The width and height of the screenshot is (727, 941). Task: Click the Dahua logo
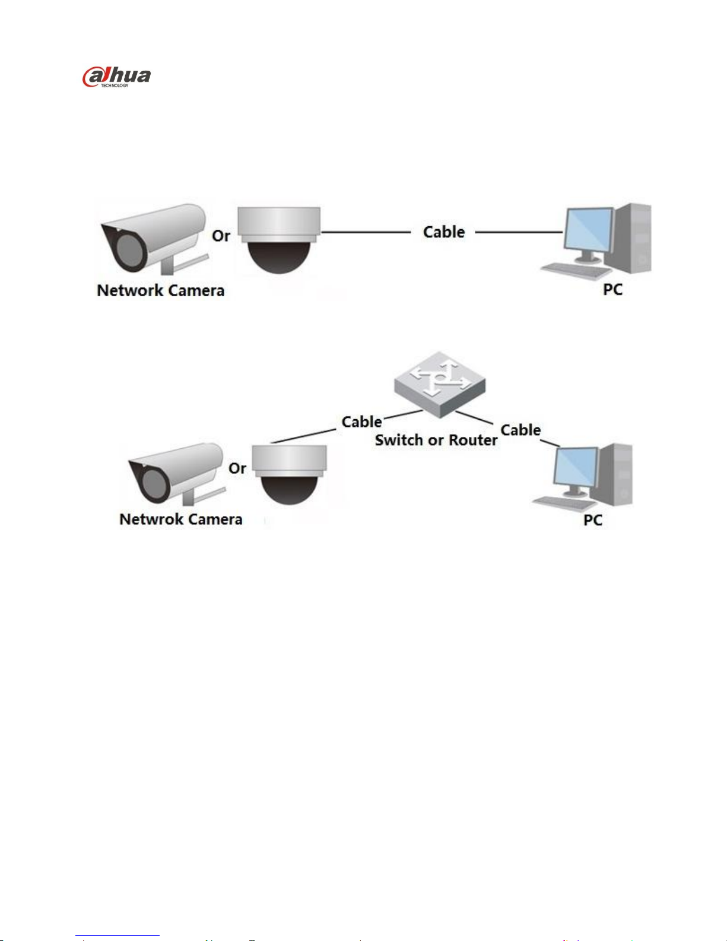tap(116, 77)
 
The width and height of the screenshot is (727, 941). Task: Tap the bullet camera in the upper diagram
tap(154, 239)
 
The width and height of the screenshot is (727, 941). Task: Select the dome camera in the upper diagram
tap(279, 240)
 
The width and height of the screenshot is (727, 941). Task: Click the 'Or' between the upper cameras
tap(221, 236)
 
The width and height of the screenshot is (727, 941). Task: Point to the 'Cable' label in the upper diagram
tap(444, 232)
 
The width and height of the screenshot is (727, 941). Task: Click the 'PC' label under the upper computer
tap(612, 289)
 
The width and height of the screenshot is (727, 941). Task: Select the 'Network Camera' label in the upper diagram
tap(161, 290)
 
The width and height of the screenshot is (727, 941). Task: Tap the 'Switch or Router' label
tap(436, 440)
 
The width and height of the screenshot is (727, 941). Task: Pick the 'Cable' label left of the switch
tap(362, 422)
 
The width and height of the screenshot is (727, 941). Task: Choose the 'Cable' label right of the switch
tap(520, 430)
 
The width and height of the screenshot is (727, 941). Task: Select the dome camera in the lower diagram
tap(290, 474)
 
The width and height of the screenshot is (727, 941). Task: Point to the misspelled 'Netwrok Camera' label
tap(181, 519)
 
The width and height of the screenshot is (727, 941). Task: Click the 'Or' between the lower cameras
tap(237, 468)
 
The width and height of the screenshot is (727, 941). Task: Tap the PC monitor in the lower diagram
tap(576, 471)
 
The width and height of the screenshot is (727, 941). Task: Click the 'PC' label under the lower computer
tap(593, 520)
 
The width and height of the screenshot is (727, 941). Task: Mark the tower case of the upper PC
tap(633, 238)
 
